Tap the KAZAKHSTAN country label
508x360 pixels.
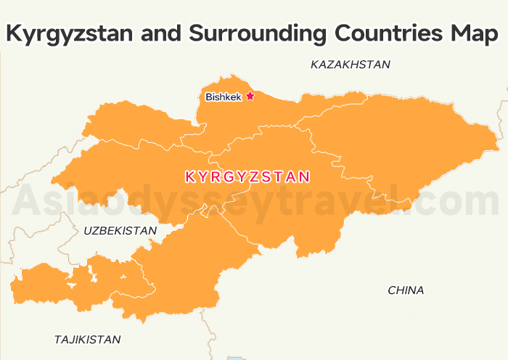click(351, 65)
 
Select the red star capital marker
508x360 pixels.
click(250, 96)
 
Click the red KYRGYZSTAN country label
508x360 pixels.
click(248, 176)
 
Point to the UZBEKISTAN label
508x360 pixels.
click(120, 231)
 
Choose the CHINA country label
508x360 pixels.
click(406, 290)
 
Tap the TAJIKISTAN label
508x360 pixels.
click(88, 339)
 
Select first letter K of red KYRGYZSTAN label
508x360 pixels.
click(190, 176)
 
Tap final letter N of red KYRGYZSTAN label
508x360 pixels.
click(306, 176)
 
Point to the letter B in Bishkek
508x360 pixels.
click(209, 97)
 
